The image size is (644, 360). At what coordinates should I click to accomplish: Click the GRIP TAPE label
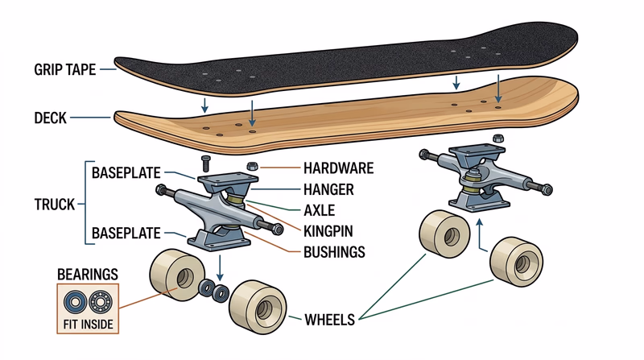(x=64, y=69)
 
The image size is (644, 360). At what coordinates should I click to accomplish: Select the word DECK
(x=50, y=118)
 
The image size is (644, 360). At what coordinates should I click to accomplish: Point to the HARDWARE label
(x=339, y=169)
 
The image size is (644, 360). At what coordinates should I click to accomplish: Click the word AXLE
(x=320, y=211)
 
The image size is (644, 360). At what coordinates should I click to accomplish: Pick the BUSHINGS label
(x=335, y=252)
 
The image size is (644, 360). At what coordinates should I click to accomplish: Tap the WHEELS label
(x=329, y=320)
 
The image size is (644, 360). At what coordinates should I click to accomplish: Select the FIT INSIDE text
(x=88, y=325)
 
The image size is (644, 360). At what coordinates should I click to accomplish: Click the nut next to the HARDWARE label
(x=250, y=167)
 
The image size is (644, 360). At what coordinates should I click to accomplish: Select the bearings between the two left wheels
(x=213, y=290)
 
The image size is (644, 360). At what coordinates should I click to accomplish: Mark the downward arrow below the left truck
(x=220, y=266)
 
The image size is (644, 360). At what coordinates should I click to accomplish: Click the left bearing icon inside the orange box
(x=74, y=304)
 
